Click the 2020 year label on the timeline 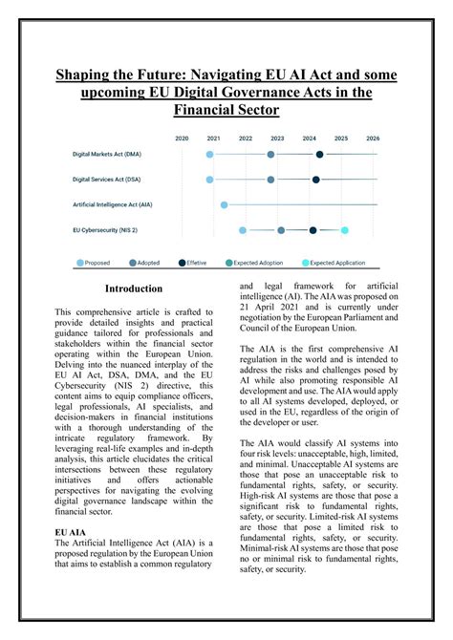click(182, 138)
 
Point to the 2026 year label click(373, 138)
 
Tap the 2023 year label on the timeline click(277, 138)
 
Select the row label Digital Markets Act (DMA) click(107, 154)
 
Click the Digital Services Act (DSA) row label click(107, 179)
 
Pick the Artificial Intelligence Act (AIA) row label click(113, 204)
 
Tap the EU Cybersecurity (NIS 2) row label click(105, 229)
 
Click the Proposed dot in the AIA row click(225, 204)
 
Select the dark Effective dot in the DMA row click(319, 154)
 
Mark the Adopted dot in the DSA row click(271, 179)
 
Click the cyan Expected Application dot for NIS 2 click(345, 230)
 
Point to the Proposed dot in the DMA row click(210, 154)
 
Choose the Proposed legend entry click(93, 263)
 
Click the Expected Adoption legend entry click(256, 263)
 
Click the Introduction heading click(134, 288)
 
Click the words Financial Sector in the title click(226, 110)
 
